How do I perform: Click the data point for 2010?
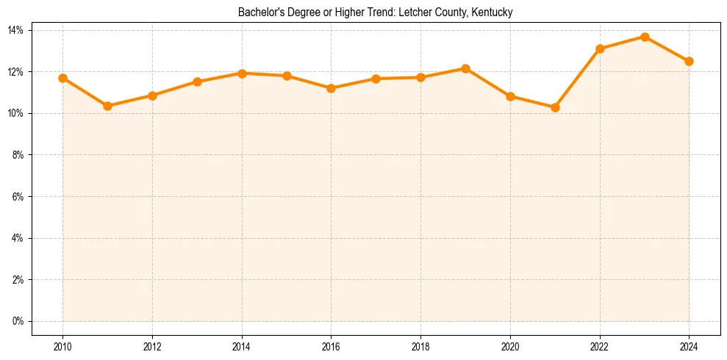point(62,78)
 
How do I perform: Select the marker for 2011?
point(107,106)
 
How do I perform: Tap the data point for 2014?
point(242,73)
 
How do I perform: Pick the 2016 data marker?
point(331,88)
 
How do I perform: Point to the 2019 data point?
point(465,68)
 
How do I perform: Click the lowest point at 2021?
point(555,107)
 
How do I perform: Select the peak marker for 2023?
point(645,37)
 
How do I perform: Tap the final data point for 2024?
point(689,61)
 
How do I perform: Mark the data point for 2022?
point(600,48)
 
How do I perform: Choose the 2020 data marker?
point(510,96)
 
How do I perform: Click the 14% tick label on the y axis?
point(16,30)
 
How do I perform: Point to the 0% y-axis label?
point(18,322)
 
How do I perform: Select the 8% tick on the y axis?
point(18,155)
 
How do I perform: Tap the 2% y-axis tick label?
point(18,280)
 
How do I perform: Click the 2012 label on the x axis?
point(152,347)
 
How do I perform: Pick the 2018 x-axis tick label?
point(420,347)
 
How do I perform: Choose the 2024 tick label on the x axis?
point(689,347)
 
